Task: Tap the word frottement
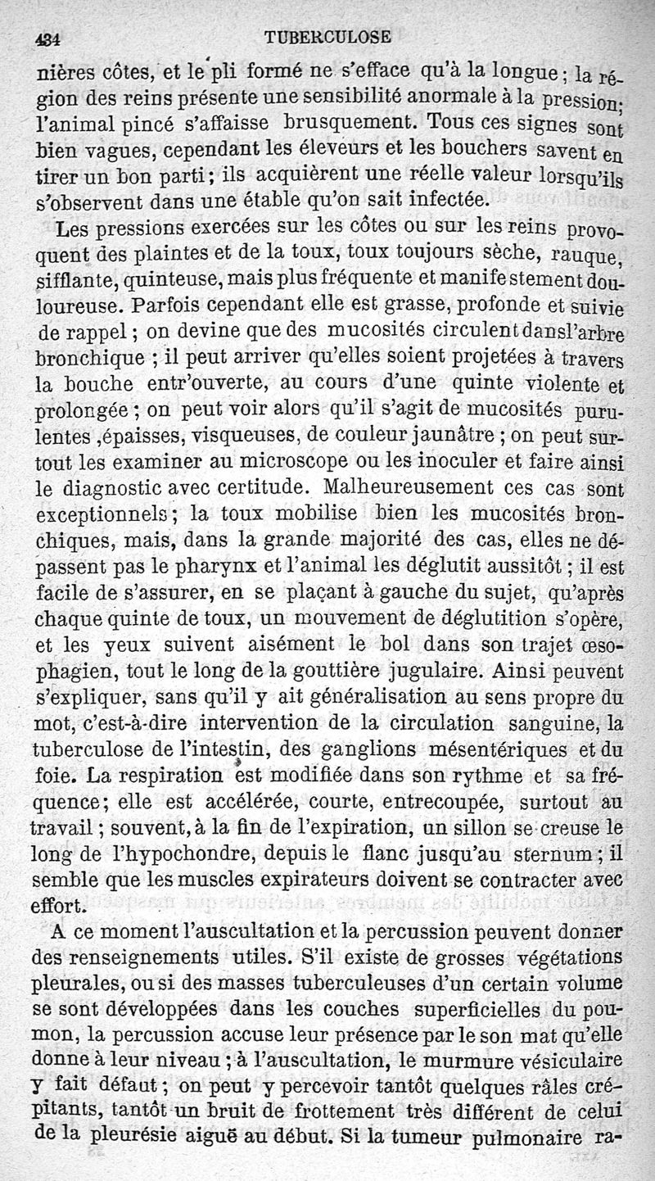341,1114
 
